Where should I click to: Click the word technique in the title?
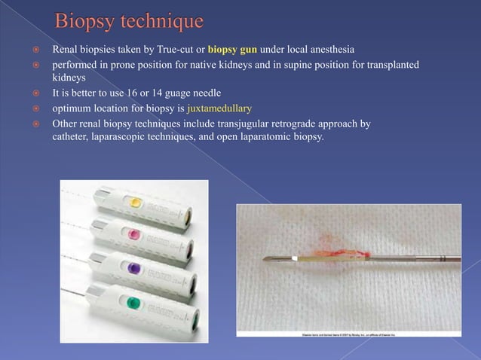(161, 18)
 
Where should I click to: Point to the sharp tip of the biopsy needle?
(262, 260)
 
